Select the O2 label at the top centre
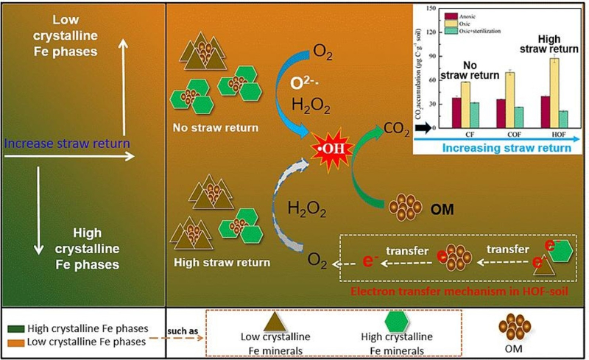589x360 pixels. click(x=322, y=51)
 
